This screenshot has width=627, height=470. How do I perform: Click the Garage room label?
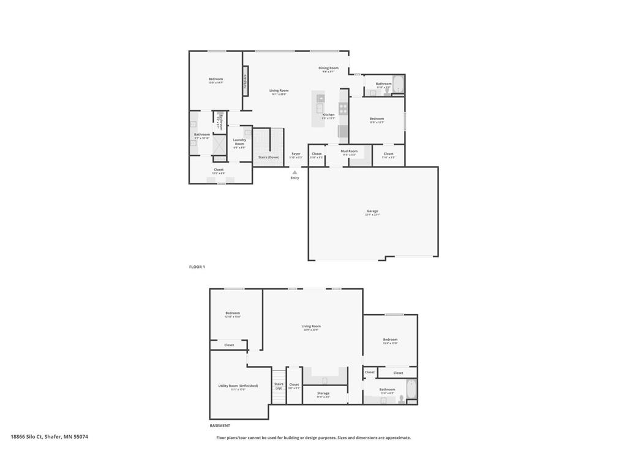coord(372,212)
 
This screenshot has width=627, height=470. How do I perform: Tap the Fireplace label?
coord(246,82)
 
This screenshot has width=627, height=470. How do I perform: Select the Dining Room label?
coord(328,69)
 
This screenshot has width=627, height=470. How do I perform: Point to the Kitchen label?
coord(329,115)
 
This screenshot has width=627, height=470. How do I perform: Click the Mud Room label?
coord(349,151)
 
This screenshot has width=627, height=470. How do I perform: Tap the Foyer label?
coord(296,154)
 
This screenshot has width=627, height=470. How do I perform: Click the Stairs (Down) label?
coord(268,157)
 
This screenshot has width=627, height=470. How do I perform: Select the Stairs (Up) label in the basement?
coord(279,386)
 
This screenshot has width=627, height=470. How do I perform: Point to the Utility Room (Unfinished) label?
coord(238,386)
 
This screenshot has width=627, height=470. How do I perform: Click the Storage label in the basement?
coord(323,394)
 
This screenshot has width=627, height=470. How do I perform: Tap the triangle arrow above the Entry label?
coord(295,172)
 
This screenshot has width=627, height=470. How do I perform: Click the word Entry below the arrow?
coord(295,178)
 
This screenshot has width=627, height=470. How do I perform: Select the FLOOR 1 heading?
coord(197,267)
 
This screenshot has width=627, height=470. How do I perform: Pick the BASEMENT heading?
coord(220,425)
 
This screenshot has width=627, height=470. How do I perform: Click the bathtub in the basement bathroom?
coord(411,390)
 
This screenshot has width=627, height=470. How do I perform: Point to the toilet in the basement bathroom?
coord(401,398)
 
